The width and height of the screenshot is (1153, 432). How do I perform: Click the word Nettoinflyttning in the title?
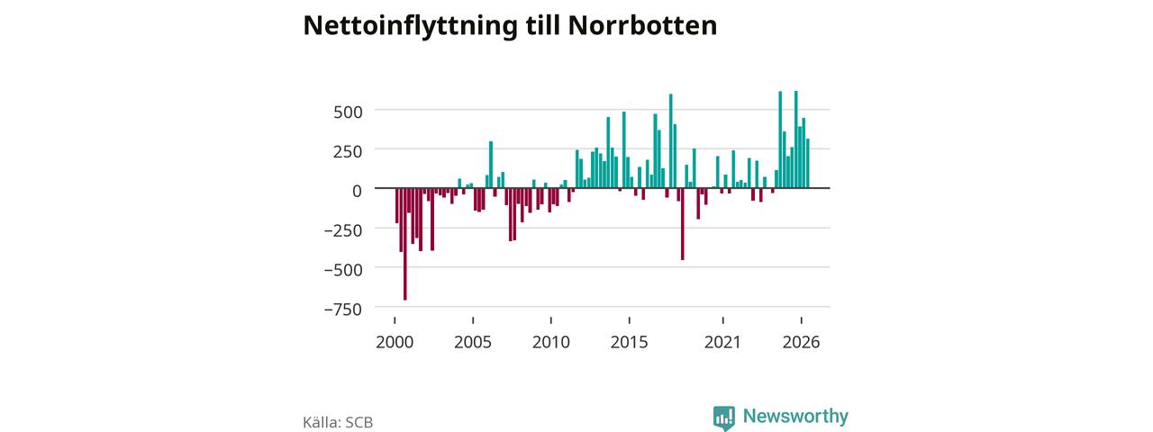pos(410,26)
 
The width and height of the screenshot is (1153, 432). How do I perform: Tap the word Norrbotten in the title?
pos(642,25)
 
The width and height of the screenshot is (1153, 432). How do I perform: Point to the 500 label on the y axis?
pos(348,112)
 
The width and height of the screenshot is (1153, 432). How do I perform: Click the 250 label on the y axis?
pos(348,151)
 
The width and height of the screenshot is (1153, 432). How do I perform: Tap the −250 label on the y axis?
pos(343,230)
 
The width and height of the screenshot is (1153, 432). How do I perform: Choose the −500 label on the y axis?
pos(343,269)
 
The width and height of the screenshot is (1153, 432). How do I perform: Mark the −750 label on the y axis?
pos(343,309)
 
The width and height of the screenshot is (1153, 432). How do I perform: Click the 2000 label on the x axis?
pos(395,342)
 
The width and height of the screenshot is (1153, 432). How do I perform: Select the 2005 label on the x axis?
pos(473,342)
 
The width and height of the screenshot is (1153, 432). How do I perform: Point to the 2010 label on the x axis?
pos(551,342)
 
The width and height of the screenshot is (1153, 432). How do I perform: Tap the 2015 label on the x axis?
pos(630,342)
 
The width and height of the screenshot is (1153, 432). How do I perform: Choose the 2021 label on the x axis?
pos(722,342)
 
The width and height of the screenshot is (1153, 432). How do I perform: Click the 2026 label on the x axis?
pos(802,342)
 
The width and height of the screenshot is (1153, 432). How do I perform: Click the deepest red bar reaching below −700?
pos(405,244)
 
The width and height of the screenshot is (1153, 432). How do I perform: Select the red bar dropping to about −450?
pos(683,224)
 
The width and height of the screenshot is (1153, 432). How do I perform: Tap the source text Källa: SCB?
pos(338,422)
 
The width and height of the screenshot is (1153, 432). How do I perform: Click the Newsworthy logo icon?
pos(724,418)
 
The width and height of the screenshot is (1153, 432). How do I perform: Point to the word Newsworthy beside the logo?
pos(795,416)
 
